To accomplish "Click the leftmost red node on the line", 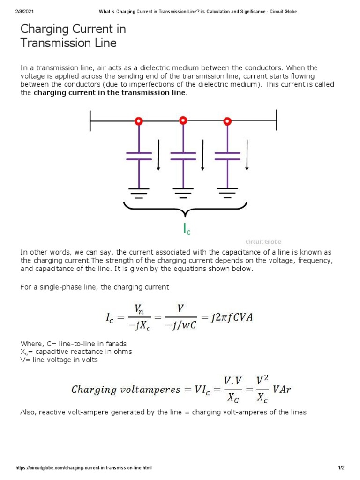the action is [x=139, y=121].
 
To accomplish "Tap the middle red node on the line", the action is [x=183, y=121].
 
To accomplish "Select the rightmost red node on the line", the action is [x=227, y=121].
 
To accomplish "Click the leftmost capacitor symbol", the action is [x=139, y=156].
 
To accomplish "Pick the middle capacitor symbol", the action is [x=183, y=156].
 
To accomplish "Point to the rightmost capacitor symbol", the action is [x=227, y=156].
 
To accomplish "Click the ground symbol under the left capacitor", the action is [x=139, y=192].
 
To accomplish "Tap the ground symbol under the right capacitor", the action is [x=227, y=192].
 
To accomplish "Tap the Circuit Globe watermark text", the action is [x=263, y=242].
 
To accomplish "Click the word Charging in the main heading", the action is [x=44, y=29].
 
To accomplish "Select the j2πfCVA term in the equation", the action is [x=231, y=318].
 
